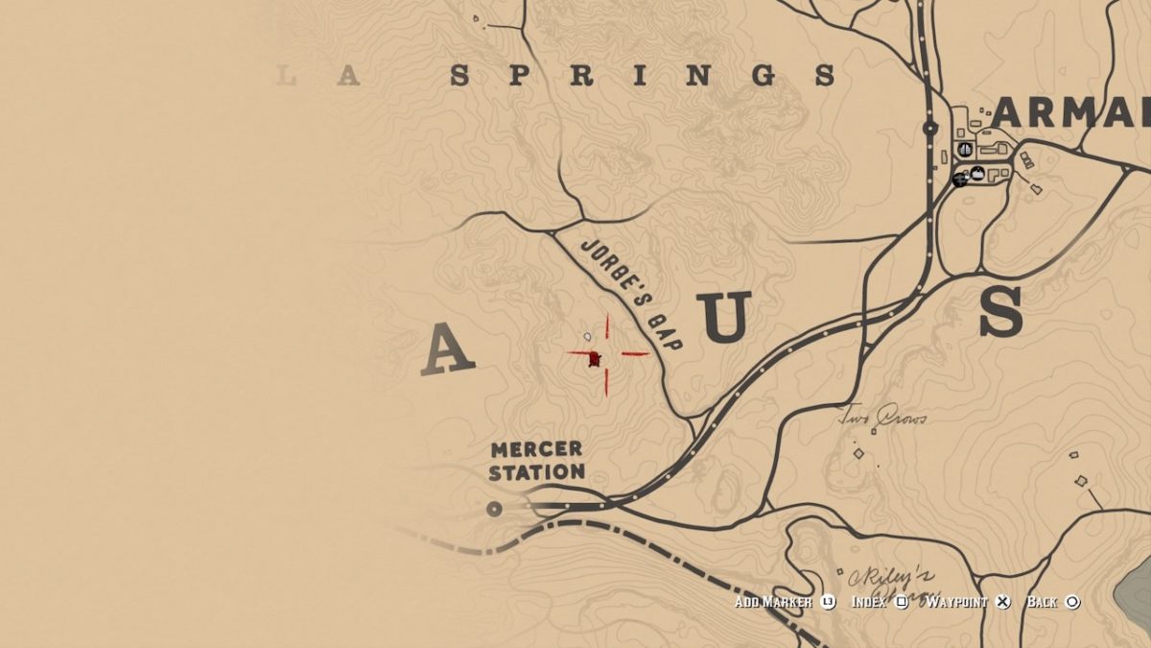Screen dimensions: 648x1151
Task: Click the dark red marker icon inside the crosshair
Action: click(x=595, y=359)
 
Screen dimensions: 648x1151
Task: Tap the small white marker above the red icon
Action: click(x=587, y=337)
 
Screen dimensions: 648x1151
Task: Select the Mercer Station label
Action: click(x=537, y=461)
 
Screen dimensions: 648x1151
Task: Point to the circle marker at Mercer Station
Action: click(x=495, y=509)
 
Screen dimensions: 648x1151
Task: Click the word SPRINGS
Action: click(x=643, y=76)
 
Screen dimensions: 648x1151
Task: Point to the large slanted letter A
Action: click(x=447, y=349)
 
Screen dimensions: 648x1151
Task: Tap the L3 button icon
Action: click(x=828, y=602)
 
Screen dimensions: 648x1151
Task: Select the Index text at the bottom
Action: click(x=869, y=602)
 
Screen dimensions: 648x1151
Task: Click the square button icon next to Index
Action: click(x=902, y=602)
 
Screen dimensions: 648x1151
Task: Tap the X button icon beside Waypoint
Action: click(x=1002, y=602)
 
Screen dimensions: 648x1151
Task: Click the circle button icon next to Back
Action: click(x=1072, y=602)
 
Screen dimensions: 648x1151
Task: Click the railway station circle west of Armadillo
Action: click(x=929, y=128)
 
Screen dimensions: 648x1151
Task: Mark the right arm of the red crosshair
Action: click(x=635, y=353)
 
